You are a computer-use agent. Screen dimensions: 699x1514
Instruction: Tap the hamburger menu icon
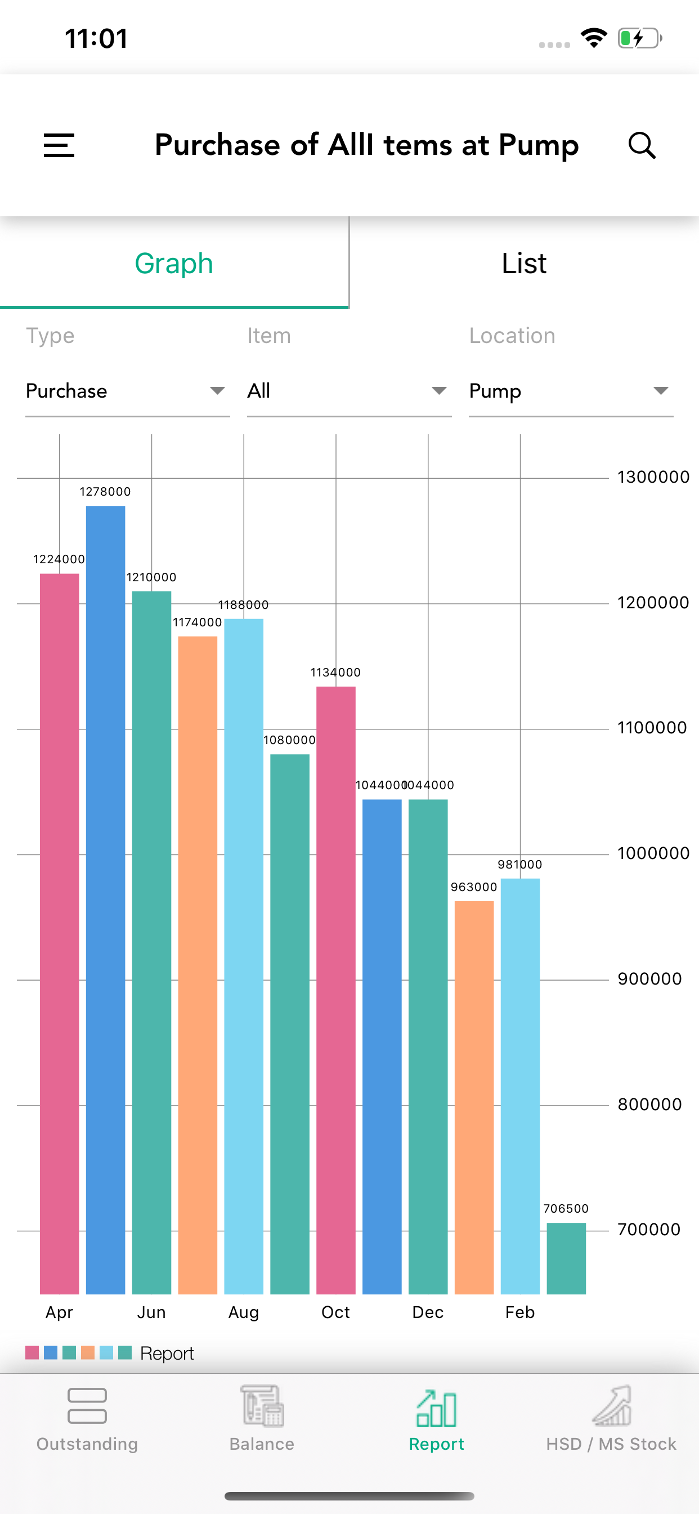(59, 145)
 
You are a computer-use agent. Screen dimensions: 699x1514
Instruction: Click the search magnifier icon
(642, 145)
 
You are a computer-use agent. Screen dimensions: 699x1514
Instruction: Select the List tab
(524, 263)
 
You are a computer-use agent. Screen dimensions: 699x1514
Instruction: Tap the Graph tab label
(174, 263)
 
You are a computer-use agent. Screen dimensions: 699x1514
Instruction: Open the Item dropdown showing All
(349, 391)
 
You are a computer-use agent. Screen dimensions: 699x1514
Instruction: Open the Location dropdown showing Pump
(571, 391)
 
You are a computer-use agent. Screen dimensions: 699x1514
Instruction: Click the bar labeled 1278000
(106, 900)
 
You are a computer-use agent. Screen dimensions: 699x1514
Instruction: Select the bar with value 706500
(566, 1258)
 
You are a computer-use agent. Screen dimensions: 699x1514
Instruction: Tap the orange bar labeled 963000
(474, 1097)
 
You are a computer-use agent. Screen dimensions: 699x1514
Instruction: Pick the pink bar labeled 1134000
(336, 990)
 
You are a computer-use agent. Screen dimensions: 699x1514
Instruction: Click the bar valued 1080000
(290, 1024)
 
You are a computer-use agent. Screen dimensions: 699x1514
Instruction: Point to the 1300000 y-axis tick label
(653, 477)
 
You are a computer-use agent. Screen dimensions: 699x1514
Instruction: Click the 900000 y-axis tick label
(649, 978)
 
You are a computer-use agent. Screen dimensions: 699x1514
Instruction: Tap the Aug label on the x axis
(244, 1312)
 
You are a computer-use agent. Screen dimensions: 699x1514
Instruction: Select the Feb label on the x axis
(520, 1312)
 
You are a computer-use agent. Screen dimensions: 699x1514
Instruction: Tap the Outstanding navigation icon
(87, 1406)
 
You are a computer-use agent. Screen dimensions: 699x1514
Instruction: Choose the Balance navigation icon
(262, 1406)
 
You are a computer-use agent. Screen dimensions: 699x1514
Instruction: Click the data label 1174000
(198, 622)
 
